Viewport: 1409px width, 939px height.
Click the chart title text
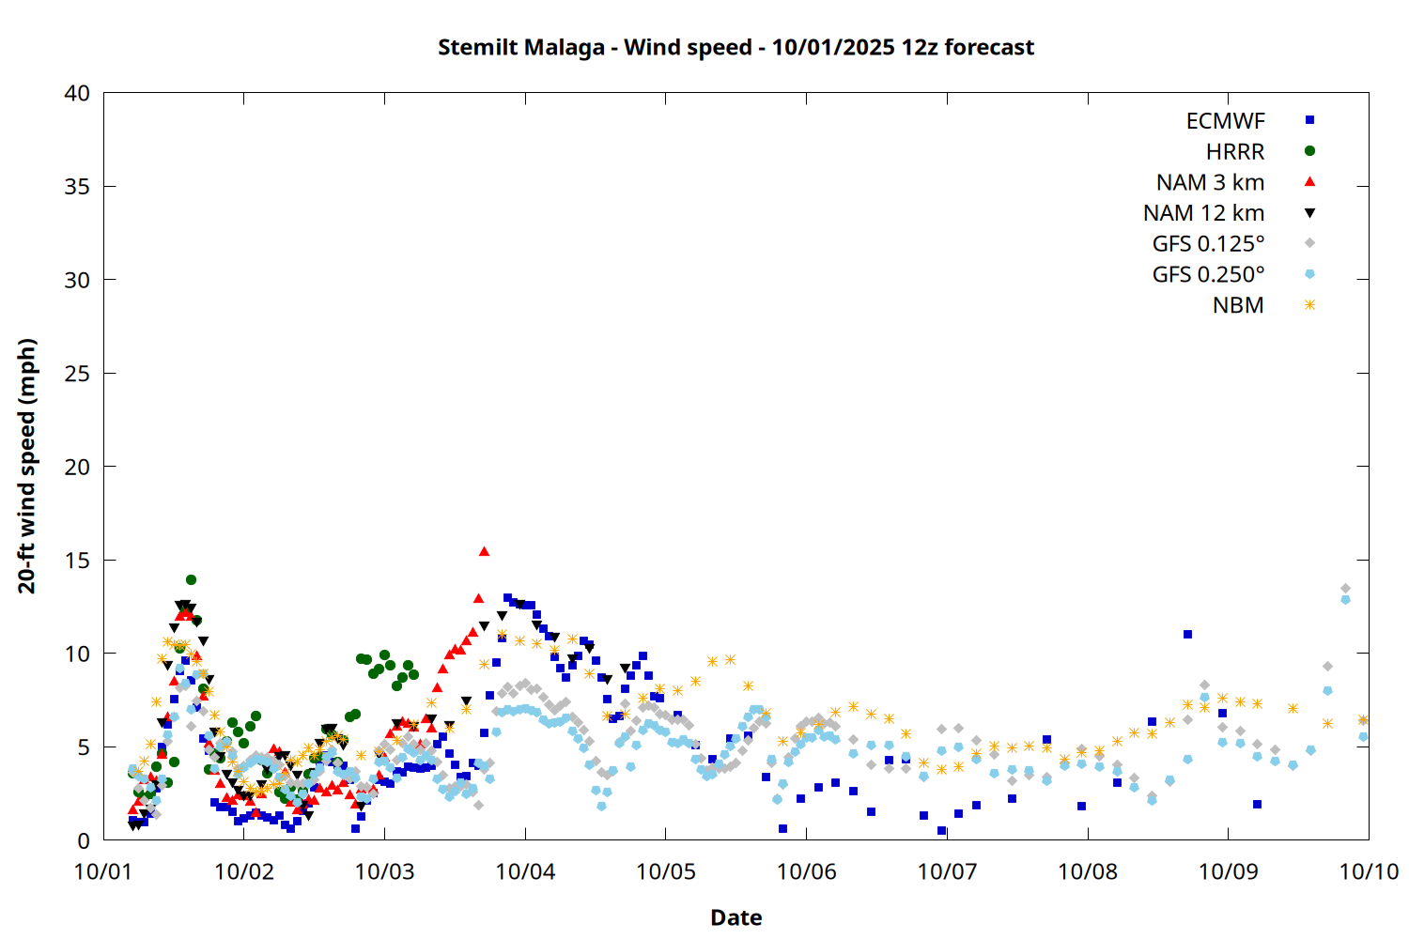(735, 47)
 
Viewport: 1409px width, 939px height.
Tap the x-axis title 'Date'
(735, 917)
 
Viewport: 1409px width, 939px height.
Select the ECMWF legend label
(1225, 121)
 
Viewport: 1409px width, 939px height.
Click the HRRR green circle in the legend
(1309, 151)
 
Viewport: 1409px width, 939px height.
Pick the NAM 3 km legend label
(1210, 182)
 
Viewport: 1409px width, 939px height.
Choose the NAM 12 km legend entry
(1203, 213)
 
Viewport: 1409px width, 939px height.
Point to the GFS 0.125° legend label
(1208, 244)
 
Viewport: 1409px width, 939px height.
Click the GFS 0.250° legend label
(1208, 275)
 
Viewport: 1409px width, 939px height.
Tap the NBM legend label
(1238, 305)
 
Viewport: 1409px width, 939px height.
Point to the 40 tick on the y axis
(78, 93)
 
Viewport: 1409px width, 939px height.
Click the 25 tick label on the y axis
(78, 374)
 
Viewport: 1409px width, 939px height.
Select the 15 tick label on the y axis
(78, 561)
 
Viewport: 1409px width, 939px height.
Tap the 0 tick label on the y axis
(84, 840)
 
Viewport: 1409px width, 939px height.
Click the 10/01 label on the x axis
(103, 871)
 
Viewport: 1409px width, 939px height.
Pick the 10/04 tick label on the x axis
(525, 871)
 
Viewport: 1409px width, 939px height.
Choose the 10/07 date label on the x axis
(947, 871)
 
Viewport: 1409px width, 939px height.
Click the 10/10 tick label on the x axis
(1369, 871)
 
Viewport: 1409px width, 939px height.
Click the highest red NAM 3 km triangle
(484, 551)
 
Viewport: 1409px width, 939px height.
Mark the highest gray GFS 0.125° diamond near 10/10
(1345, 589)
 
